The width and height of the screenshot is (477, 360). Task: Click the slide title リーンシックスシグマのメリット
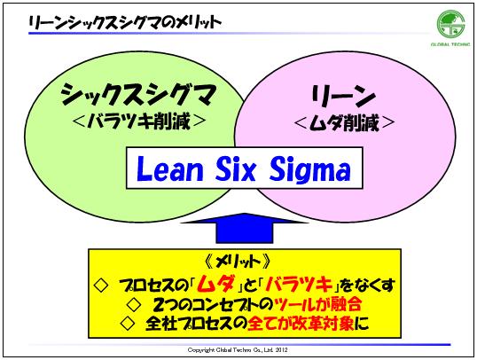(x=125, y=22)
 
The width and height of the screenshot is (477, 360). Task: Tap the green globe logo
(x=450, y=24)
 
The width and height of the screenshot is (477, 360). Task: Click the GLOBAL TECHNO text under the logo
(x=450, y=44)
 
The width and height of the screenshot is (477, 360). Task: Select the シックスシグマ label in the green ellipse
(x=138, y=94)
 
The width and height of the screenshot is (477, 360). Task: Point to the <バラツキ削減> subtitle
(x=139, y=121)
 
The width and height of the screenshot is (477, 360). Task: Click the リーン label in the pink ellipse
(x=343, y=95)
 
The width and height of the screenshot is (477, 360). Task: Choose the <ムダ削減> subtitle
(x=344, y=122)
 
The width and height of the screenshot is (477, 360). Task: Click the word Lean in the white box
(x=169, y=168)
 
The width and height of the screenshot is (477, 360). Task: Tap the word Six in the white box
(x=236, y=168)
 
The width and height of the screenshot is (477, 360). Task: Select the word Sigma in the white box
(x=310, y=170)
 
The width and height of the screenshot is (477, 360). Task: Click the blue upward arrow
(x=245, y=228)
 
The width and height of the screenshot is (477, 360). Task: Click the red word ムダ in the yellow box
(x=215, y=285)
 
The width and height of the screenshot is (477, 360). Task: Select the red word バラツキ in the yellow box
(x=299, y=285)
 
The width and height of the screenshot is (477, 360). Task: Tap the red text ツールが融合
(x=317, y=304)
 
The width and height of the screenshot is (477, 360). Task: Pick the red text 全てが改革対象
(x=301, y=324)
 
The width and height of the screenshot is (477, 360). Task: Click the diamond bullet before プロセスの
(x=101, y=286)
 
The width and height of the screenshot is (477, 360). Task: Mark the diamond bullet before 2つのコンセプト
(x=134, y=305)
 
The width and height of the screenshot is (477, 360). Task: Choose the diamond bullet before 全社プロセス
(x=128, y=324)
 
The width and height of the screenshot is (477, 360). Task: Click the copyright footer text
(x=238, y=350)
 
